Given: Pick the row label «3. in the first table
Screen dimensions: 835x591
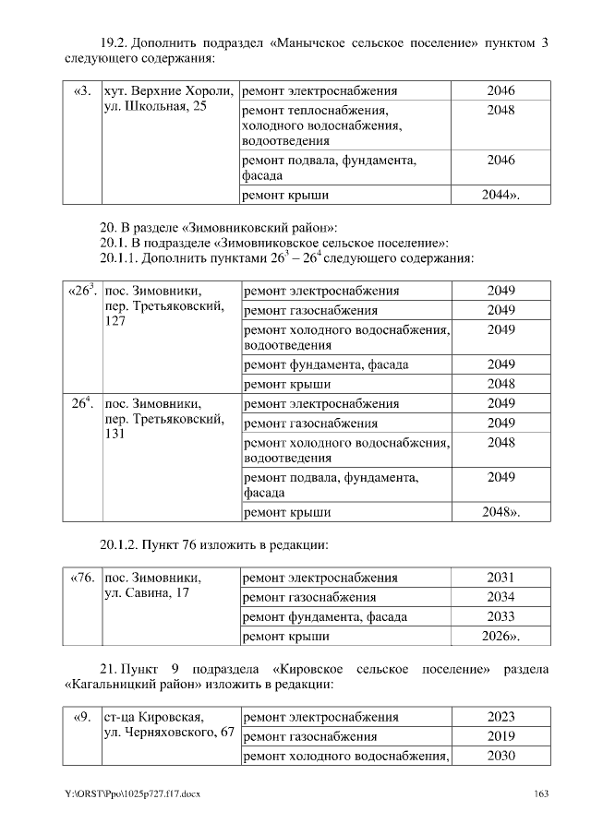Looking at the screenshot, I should click(x=82, y=91).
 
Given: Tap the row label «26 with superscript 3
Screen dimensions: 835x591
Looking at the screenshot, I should click(x=82, y=291).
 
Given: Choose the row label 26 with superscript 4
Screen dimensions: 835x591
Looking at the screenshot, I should click(x=82, y=402).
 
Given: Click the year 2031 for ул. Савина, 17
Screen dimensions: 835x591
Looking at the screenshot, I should click(x=501, y=578).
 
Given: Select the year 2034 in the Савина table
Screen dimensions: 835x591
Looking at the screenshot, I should click(x=501, y=597).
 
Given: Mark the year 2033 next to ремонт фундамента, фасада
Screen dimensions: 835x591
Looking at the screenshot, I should click(x=501, y=616).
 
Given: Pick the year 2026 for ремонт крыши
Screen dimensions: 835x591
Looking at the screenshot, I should click(x=501, y=637).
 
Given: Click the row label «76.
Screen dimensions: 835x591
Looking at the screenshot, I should click(x=82, y=579).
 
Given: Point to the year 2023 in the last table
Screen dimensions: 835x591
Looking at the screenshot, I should click(x=501, y=717).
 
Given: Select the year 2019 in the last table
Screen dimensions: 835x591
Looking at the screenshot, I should click(x=501, y=736).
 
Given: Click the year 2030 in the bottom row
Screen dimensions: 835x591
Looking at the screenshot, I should click(x=501, y=757).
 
